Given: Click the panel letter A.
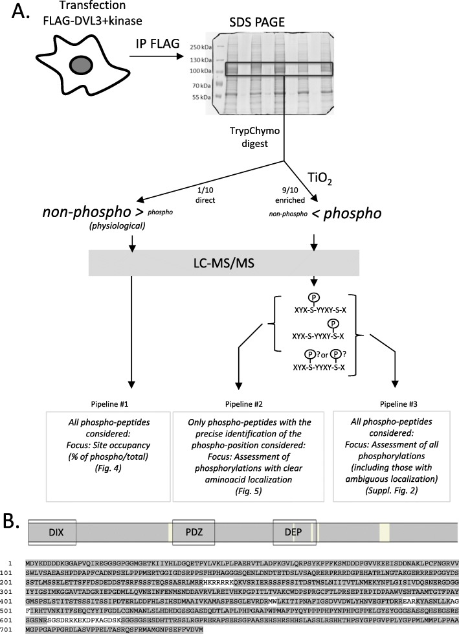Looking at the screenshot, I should [19, 14].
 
